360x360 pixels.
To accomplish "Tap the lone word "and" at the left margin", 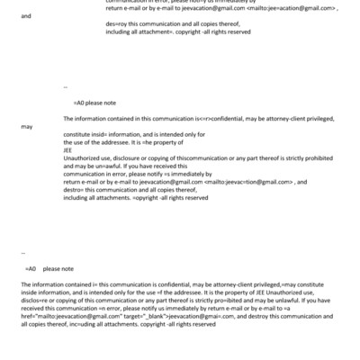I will (x=24, y=40).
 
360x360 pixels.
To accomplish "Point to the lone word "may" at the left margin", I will (x=26, y=127).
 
